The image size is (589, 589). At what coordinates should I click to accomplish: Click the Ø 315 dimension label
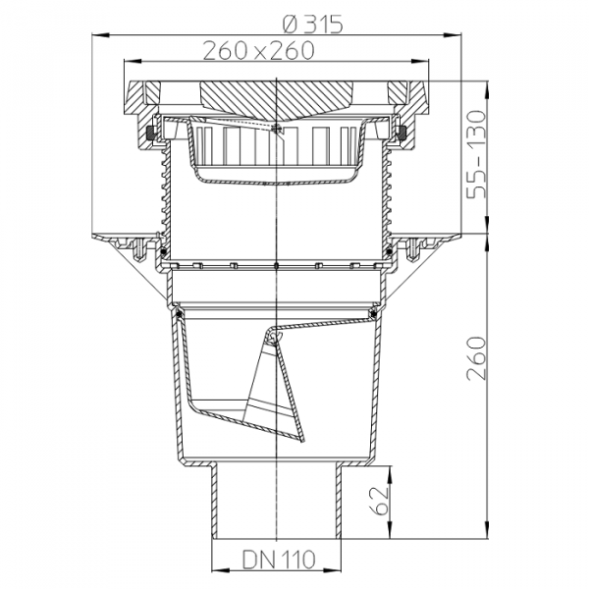point(312,25)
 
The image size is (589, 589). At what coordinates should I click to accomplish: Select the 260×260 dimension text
point(258,51)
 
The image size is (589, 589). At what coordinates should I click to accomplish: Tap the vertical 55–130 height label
point(476,154)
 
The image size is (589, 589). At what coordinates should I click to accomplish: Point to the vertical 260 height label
point(476,358)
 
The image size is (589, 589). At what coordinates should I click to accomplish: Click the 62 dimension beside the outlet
point(379,501)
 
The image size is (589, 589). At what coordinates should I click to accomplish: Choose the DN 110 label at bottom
point(279,560)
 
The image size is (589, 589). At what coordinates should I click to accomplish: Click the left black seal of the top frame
point(151,132)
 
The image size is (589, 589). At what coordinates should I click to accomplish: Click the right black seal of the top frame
point(402,132)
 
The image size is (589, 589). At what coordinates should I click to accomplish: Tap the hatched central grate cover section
point(277,98)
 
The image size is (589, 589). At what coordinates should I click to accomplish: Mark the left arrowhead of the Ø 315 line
point(100,35)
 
